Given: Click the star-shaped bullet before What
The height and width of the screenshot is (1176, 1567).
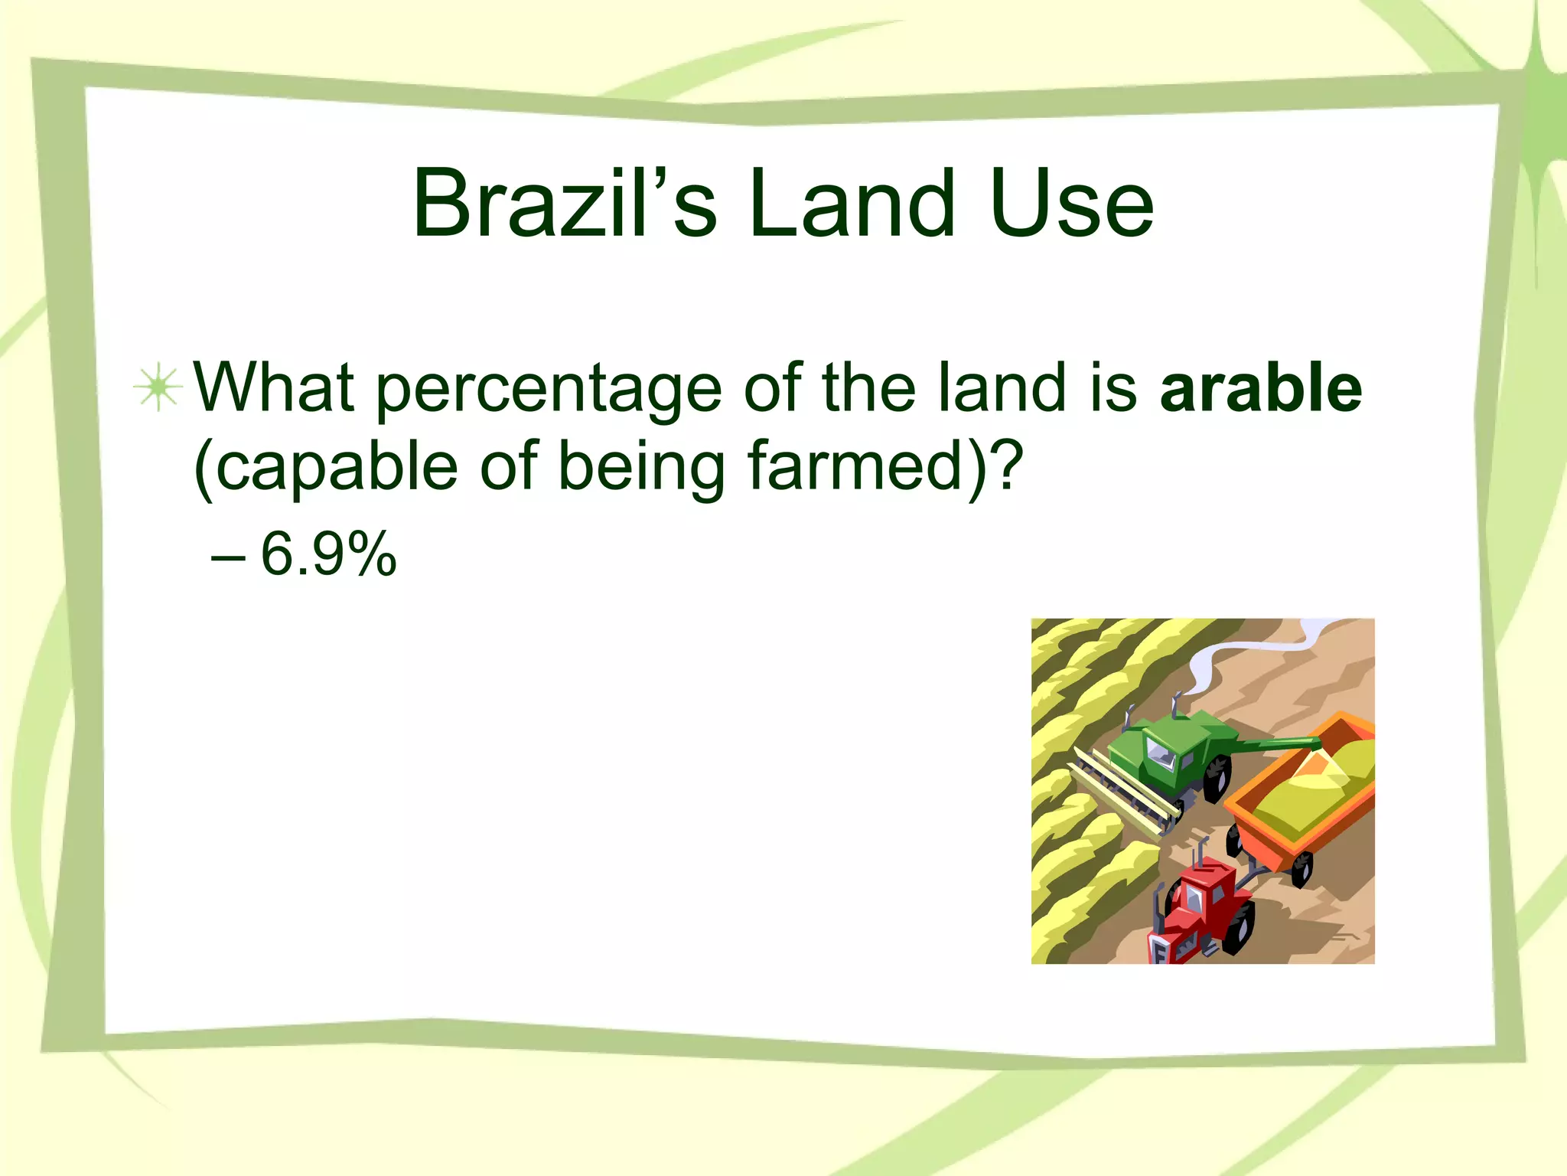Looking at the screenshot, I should point(158,388).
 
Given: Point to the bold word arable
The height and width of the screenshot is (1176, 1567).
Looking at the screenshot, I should point(1260,388).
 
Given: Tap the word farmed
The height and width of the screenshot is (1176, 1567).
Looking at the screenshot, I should point(854,465).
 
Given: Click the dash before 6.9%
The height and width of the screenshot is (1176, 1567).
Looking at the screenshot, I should point(227,557).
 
